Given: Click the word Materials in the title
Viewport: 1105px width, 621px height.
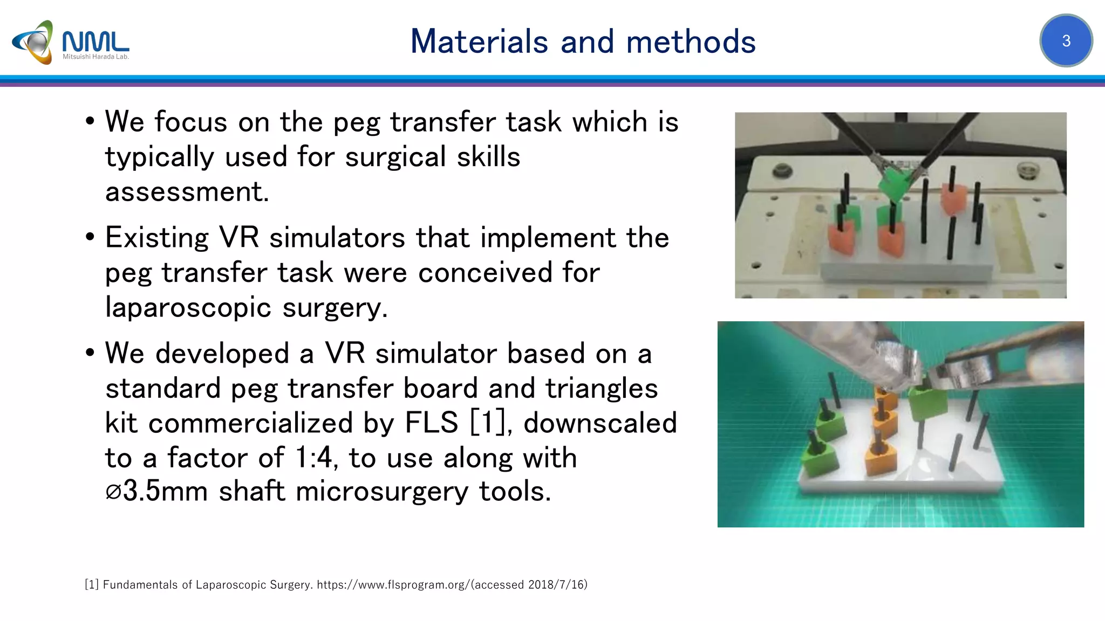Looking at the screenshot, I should [479, 42].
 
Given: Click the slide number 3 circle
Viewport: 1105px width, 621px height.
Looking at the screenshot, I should [1066, 40].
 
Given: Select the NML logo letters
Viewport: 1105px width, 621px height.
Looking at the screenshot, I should [96, 41].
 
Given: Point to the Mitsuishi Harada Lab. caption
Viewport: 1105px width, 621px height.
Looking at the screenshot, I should [96, 57].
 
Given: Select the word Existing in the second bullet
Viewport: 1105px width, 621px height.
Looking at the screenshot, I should [157, 238].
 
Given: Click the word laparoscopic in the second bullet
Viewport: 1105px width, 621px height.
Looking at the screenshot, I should [188, 308].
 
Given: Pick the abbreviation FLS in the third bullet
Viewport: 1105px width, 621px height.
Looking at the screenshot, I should [431, 423].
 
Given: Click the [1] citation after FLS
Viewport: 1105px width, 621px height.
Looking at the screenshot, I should [488, 423].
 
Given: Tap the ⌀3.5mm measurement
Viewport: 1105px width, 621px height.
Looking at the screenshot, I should [156, 492].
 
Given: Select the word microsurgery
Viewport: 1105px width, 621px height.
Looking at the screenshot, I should [381, 492].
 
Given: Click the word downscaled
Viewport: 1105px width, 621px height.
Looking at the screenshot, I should [600, 423].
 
